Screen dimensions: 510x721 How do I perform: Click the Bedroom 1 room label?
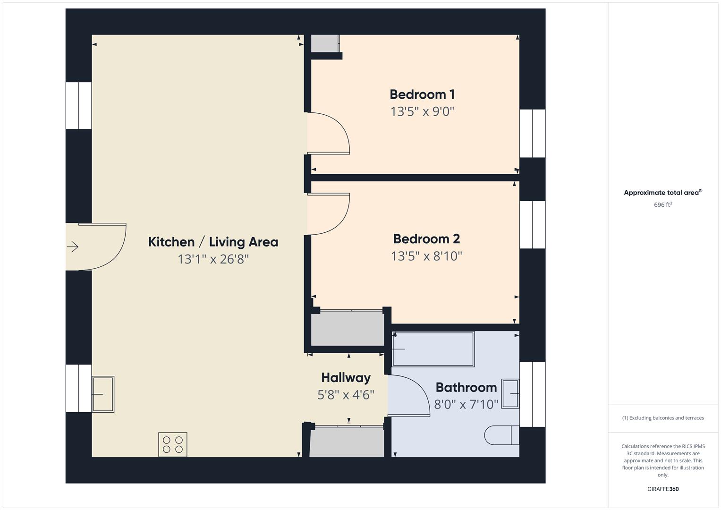[x=422, y=94]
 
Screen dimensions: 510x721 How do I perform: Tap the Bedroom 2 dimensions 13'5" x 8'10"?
[x=426, y=256]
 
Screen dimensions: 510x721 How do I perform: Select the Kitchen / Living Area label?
[x=213, y=242]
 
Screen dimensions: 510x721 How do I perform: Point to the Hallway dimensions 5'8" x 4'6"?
[x=346, y=395]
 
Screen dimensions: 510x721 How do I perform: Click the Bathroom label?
[x=466, y=387]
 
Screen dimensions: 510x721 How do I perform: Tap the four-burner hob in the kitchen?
[x=173, y=444]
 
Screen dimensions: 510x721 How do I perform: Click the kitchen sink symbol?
[x=103, y=394]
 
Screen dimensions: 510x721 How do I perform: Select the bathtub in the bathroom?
[x=433, y=349]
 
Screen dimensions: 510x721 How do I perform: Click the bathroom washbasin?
[x=510, y=393]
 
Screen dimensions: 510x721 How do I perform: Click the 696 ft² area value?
[x=662, y=205]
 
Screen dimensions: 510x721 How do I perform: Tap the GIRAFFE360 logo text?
[x=662, y=489]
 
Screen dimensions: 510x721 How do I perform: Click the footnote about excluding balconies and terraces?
[x=662, y=418]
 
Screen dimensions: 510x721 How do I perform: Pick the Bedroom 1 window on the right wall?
[x=532, y=134]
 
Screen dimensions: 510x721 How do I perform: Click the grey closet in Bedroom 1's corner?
[x=324, y=43]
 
